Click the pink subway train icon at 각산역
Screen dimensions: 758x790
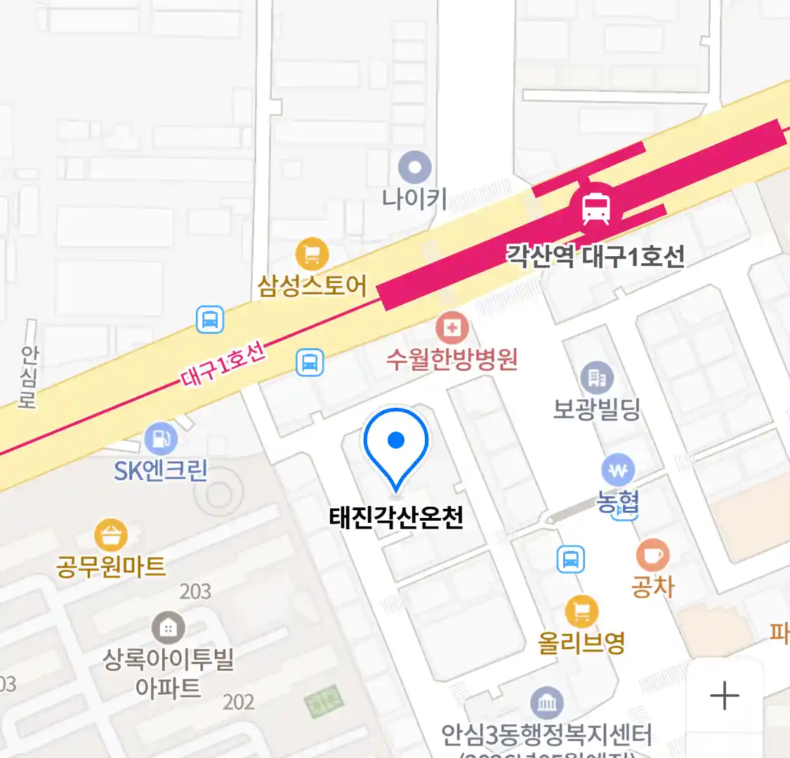tap(595, 208)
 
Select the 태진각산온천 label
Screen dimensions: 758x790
tap(396, 518)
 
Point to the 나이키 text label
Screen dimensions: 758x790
tap(414, 199)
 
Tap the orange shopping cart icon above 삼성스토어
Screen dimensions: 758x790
tap(312, 254)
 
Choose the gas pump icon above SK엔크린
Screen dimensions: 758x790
tap(161, 439)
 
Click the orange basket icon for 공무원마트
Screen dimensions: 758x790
tap(111, 536)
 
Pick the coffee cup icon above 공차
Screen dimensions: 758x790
tap(652, 555)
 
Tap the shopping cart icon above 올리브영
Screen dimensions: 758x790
tap(581, 612)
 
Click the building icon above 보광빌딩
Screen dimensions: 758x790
tap(597, 378)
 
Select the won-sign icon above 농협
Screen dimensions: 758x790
tap(618, 470)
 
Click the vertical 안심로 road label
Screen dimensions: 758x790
tap(29, 376)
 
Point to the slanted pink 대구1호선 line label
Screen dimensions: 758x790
tap(223, 364)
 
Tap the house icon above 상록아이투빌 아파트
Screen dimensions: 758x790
tap(169, 628)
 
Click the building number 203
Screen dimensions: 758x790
tap(195, 592)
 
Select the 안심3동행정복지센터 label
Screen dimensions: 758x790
tap(546, 734)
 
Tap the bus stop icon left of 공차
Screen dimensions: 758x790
tap(571, 559)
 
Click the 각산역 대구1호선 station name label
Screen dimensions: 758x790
tap(595, 256)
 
